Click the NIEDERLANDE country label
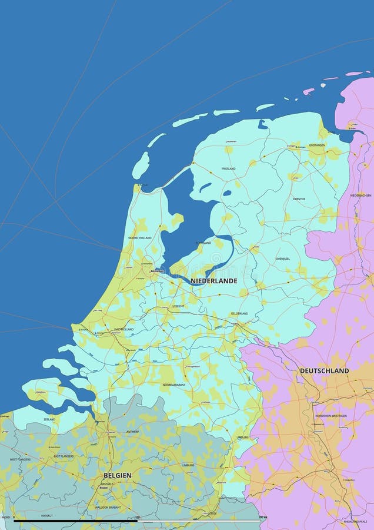click(x=214, y=281)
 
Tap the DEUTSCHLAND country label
click(x=324, y=370)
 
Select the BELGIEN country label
click(x=118, y=475)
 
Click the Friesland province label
click(x=229, y=168)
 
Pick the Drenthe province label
click(x=299, y=199)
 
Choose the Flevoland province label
click(x=203, y=243)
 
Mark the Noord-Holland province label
click(x=139, y=238)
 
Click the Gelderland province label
click(x=239, y=313)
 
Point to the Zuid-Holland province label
click(x=123, y=329)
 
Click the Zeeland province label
click(x=49, y=419)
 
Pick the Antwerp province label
click(x=132, y=432)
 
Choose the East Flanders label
click(x=64, y=456)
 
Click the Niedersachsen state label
click(x=360, y=196)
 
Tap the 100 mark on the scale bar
click(x=137, y=518)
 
